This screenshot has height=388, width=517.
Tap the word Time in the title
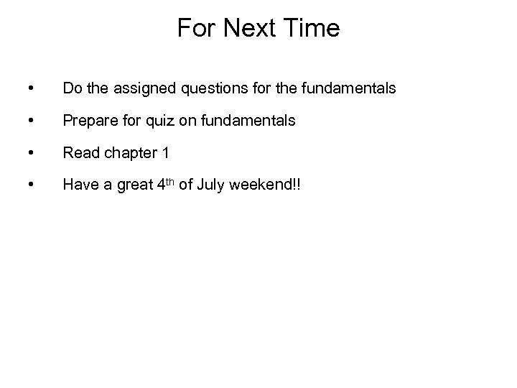pos(312,29)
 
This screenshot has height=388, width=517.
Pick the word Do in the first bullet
pos(72,88)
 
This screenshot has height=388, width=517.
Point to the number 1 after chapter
pos(165,153)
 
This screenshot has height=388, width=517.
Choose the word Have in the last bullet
pos(78,185)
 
